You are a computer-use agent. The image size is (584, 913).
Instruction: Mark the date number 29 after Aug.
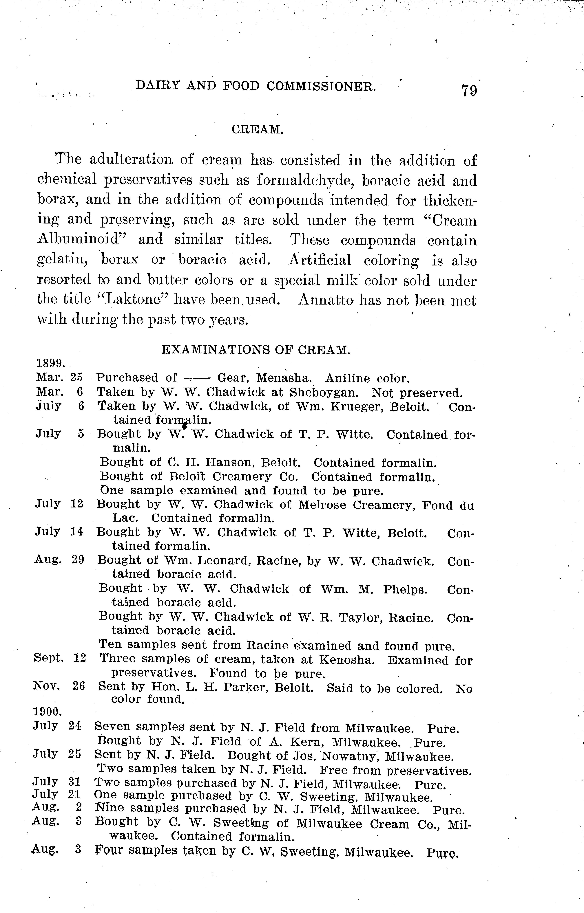77,560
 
